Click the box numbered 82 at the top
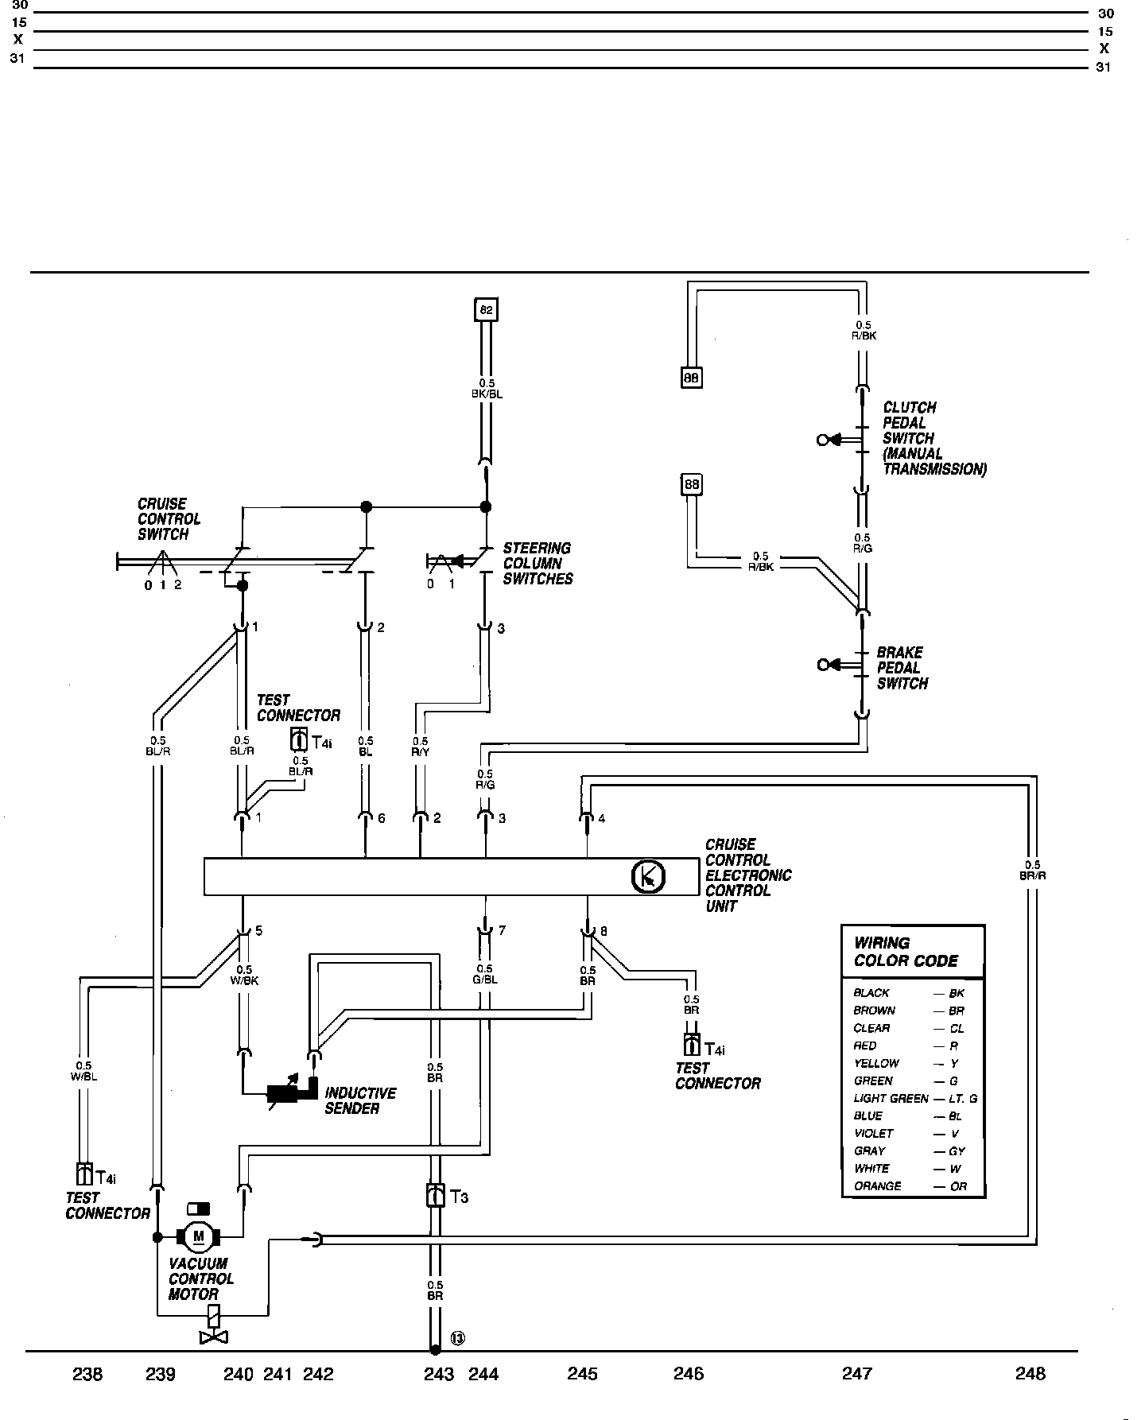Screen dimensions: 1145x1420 point(486,309)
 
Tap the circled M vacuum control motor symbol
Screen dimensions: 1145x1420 point(199,1236)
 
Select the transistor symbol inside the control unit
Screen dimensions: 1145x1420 point(648,877)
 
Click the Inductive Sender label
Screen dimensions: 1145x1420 point(360,1100)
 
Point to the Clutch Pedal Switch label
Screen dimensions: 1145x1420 point(934,438)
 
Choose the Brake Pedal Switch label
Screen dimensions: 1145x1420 point(902,668)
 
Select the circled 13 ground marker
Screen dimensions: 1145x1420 point(458,1338)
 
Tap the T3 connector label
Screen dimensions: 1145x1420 point(459,1197)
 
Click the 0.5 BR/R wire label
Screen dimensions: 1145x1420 point(1032,871)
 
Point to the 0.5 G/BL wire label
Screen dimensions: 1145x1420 point(484,974)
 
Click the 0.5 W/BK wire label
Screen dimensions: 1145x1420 point(244,975)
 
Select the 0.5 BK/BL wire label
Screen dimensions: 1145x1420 point(487,388)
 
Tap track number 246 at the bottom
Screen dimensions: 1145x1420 point(688,1373)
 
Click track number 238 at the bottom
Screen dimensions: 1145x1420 point(87,1373)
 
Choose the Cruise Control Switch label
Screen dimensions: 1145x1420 point(169,519)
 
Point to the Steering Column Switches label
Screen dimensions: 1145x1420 point(538,564)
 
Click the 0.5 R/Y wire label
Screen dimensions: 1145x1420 point(420,745)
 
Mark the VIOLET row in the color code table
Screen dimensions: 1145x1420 point(907,1134)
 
